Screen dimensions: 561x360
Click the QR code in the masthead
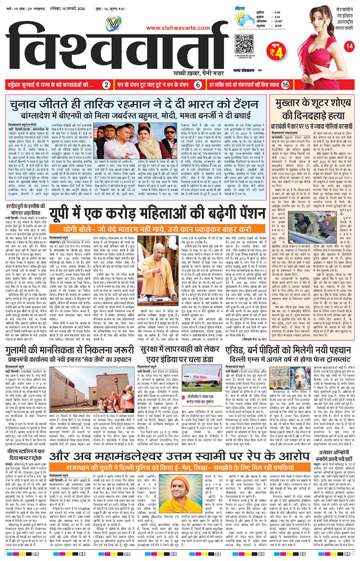244,44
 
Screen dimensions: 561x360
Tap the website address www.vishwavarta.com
178,28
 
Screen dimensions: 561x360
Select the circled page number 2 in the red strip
108,85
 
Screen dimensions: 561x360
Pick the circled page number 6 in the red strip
198,85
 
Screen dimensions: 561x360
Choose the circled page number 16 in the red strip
286,85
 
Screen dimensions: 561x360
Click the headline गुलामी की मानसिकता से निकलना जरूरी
70,350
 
